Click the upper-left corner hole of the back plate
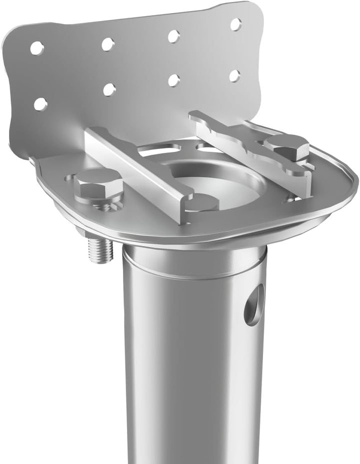pos(36,48)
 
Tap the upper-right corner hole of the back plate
pos(235,24)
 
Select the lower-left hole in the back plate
pos(40,104)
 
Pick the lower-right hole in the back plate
pos(234,76)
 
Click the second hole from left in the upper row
pos(107,44)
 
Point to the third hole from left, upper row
pos(173,36)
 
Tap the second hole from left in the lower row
pos(109,90)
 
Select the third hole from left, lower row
pos(173,80)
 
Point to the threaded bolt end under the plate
pos(100,250)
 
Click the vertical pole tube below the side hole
pos(195,390)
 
